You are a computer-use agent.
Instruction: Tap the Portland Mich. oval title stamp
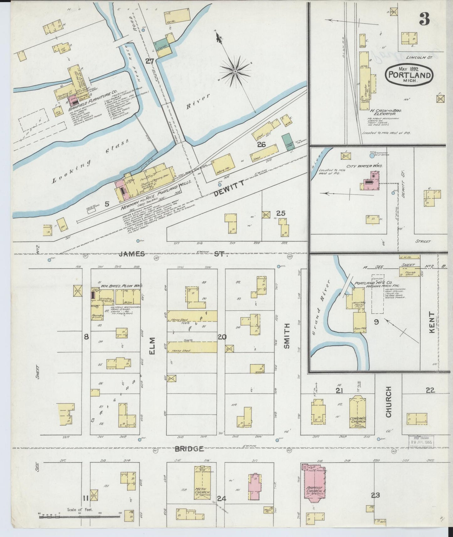(x=409, y=75)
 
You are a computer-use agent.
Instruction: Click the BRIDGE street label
(x=189, y=449)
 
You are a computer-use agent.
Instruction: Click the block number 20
(x=222, y=337)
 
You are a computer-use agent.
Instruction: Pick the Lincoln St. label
(x=419, y=57)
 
